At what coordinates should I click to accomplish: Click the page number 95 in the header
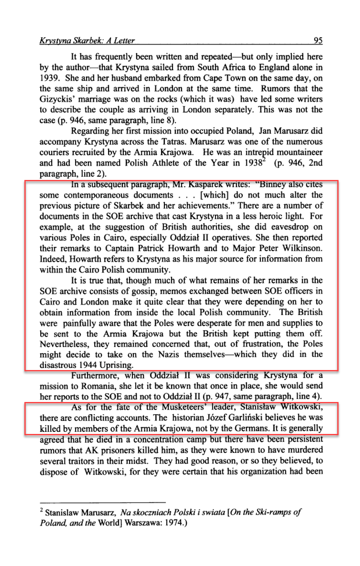pos(318,41)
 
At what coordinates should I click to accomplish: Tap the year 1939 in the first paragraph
pos(48,78)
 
